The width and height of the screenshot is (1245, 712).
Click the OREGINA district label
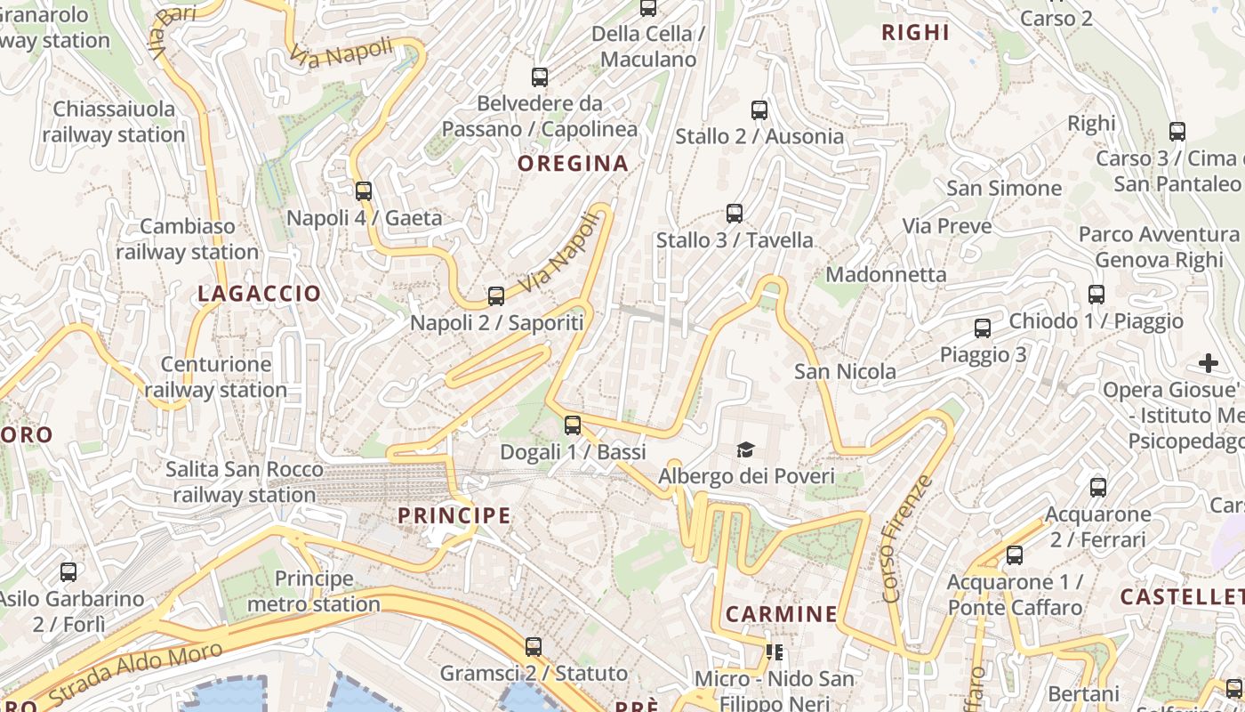pos(573,164)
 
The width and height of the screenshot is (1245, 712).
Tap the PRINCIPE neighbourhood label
pos(454,515)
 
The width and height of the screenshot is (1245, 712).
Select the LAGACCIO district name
pos(259,294)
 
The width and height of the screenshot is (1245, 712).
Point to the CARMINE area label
pos(782,614)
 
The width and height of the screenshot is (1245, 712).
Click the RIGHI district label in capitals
pos(915,33)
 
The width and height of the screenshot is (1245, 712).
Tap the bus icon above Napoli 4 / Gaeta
pos(363,190)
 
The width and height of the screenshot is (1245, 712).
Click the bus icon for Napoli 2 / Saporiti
pos(496,296)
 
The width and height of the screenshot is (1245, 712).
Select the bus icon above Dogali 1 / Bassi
pos(573,425)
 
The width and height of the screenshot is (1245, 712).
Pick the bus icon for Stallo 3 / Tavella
pos(735,214)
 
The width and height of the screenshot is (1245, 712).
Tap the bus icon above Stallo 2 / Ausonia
pos(759,110)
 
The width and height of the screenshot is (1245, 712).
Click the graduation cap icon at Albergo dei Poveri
pos(745,450)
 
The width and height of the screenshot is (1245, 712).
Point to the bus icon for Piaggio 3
pos(983,328)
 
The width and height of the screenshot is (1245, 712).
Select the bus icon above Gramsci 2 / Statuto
pos(534,647)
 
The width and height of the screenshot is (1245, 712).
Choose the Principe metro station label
pos(314,592)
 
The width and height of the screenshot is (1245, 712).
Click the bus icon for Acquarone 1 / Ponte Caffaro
pos(1015,556)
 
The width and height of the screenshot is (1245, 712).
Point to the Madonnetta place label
pos(886,274)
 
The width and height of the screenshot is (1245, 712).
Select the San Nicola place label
pos(845,371)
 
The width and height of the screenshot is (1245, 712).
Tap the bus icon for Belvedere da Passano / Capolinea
pos(540,77)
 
